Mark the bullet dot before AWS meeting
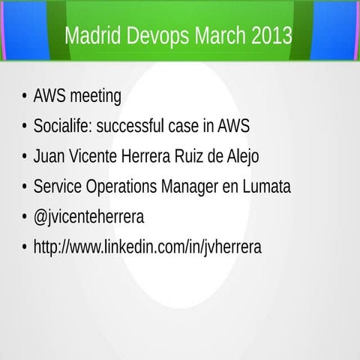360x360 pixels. (25, 97)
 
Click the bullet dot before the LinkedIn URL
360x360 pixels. (25, 247)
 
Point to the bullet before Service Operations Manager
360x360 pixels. (25, 187)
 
